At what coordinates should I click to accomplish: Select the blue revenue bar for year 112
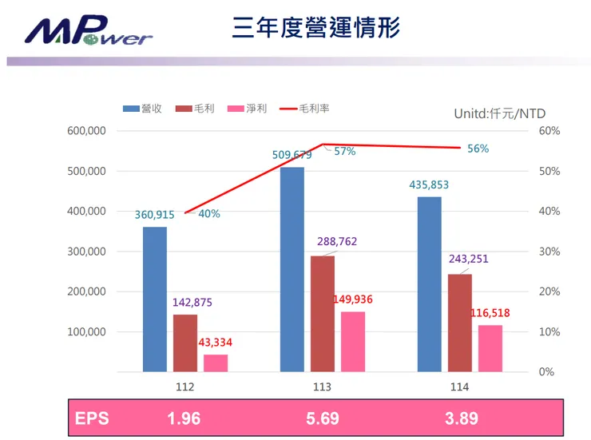click(x=155, y=299)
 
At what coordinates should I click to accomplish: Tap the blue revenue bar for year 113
click(x=292, y=269)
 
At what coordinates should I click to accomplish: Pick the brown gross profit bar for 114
click(x=459, y=323)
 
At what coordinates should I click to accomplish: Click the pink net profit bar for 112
click(x=216, y=363)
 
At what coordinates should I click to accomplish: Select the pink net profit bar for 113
click(x=353, y=342)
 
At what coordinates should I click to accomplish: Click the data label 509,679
click(x=292, y=155)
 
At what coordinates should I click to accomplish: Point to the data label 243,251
click(x=470, y=258)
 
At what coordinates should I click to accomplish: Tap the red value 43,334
click(x=216, y=342)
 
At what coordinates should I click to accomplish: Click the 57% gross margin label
click(x=345, y=151)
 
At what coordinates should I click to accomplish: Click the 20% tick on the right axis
click(x=550, y=291)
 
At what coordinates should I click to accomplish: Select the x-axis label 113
click(x=323, y=386)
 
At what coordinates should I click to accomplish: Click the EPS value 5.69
click(x=323, y=418)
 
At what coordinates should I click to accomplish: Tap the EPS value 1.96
click(x=185, y=418)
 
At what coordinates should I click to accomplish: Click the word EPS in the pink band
click(x=91, y=418)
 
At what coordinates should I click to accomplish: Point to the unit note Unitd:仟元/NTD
click(x=499, y=113)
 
